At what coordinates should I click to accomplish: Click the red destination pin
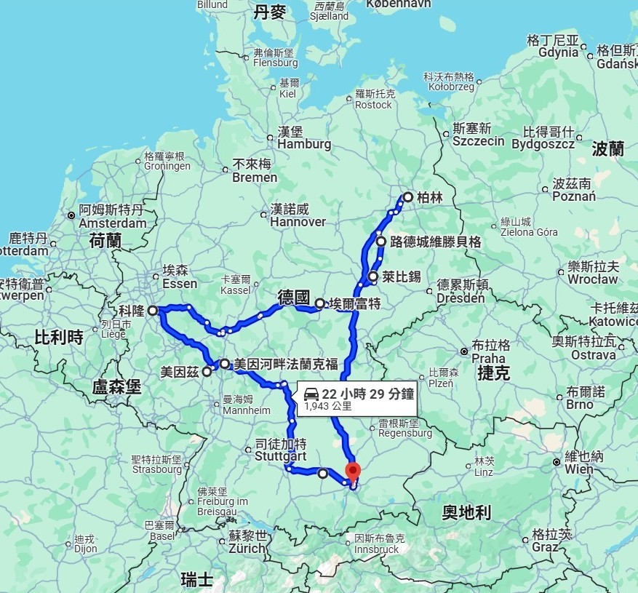point(353,471)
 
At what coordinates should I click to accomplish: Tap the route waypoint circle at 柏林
point(407,197)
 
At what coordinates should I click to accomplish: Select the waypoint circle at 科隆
point(153,311)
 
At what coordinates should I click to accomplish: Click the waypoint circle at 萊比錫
point(373,276)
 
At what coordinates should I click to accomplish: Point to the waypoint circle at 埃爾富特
point(319,303)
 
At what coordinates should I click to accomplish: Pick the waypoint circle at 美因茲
point(207,372)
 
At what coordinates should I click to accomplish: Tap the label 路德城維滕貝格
point(436,242)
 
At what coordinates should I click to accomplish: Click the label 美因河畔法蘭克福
point(286,364)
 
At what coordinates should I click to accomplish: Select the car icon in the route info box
point(311,393)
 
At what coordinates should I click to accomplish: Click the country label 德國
point(294,298)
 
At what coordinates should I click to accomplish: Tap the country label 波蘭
point(608,149)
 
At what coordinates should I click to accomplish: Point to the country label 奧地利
point(466,513)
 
